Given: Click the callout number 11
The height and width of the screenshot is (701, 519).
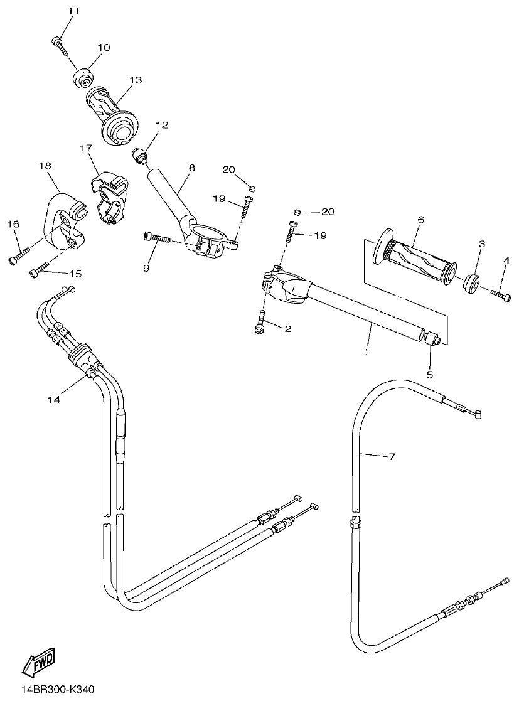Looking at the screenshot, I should click(x=74, y=12).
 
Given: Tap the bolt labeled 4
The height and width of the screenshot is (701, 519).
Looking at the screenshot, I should click(x=501, y=292).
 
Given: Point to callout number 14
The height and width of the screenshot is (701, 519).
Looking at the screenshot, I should click(x=54, y=399).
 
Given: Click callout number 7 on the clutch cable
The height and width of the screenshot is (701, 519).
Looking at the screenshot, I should click(x=392, y=458).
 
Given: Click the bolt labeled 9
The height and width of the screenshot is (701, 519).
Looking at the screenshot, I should click(x=158, y=238).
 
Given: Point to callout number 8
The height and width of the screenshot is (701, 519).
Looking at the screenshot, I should click(x=191, y=168).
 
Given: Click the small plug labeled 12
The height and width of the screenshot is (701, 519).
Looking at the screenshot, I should click(x=141, y=156).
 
